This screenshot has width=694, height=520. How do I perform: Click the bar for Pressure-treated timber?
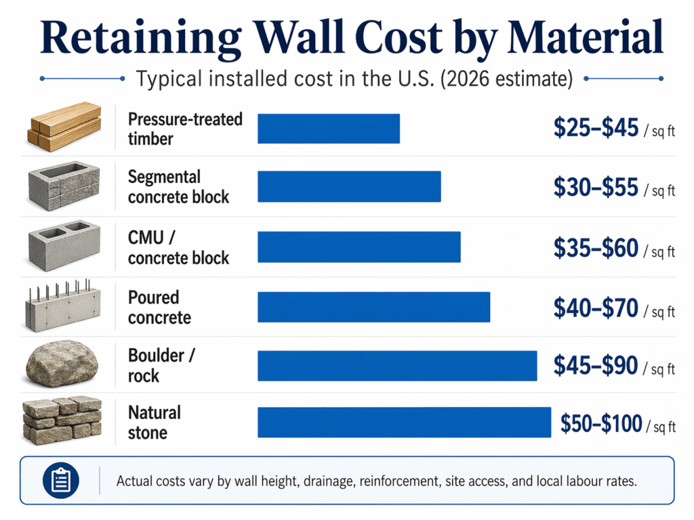click(x=329, y=129)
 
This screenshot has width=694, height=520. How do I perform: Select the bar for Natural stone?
click(x=404, y=422)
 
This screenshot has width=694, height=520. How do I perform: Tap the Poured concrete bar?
click(x=373, y=307)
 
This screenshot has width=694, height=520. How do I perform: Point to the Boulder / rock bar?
click(x=397, y=366)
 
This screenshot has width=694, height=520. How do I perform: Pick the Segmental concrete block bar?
click(x=349, y=186)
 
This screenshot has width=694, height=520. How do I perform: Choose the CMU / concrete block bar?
click(x=359, y=247)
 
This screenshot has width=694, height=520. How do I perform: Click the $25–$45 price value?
click(x=596, y=128)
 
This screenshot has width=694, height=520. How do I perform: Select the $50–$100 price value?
click(x=601, y=424)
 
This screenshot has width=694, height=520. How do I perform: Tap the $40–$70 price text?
click(x=596, y=308)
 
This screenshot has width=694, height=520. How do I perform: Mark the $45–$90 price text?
click(x=596, y=366)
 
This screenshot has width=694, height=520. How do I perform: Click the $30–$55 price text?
click(x=596, y=188)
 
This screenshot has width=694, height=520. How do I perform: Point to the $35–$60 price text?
click(x=596, y=248)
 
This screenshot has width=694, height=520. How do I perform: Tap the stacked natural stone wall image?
click(x=62, y=421)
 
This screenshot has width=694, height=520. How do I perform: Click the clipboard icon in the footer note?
click(x=60, y=481)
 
